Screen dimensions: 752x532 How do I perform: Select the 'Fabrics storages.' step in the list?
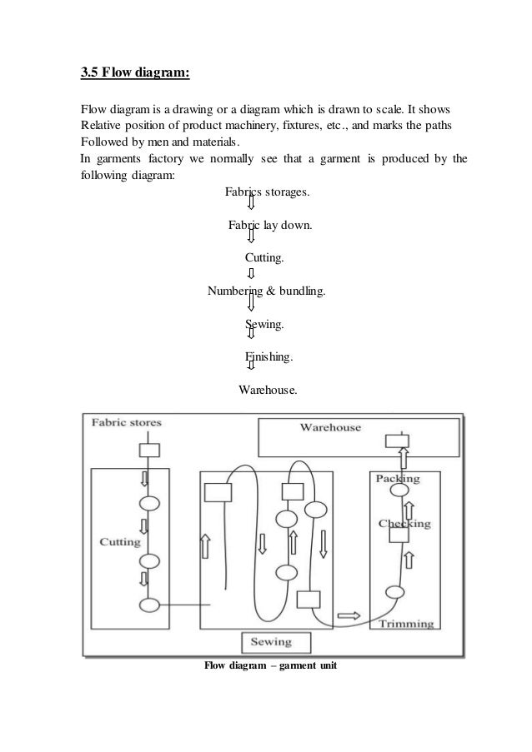coord(267,192)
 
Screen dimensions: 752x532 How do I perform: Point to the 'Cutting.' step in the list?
coord(264,258)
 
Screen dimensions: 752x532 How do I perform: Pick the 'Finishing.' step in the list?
coord(269,356)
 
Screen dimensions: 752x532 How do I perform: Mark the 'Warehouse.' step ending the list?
coord(267,389)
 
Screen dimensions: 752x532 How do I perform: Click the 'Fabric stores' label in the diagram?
coord(127,422)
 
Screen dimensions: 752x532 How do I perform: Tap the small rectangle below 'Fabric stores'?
coord(148,451)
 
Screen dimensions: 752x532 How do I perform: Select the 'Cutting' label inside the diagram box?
coord(120,540)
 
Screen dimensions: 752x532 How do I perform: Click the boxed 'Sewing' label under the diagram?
coord(276,642)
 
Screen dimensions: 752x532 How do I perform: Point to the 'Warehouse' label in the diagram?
coord(330,427)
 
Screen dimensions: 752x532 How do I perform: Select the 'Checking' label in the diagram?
coord(404,523)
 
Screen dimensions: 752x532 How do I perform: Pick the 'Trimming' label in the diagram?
coord(404,623)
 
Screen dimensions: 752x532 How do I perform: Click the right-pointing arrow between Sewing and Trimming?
coord(349,615)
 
